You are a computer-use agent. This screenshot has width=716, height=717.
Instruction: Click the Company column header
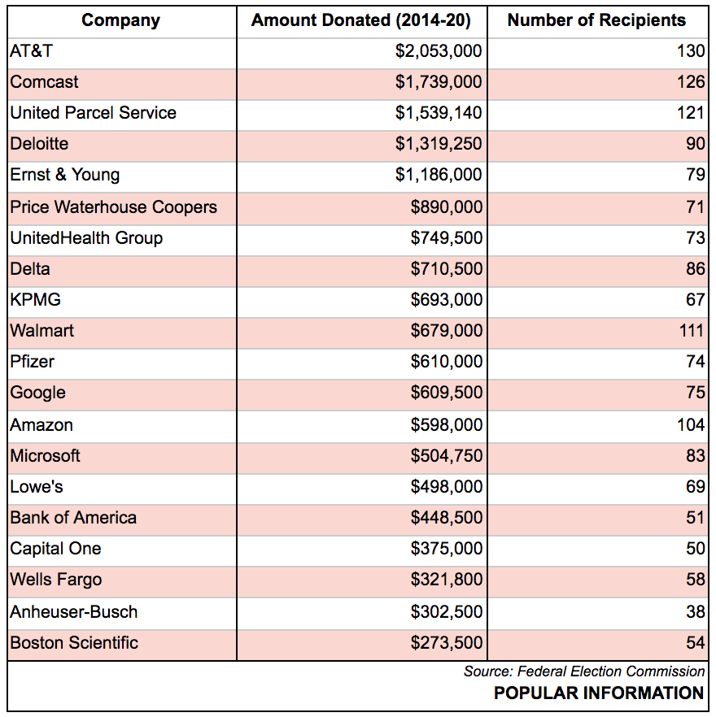pos(120,20)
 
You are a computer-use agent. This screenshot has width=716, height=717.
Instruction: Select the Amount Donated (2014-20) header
pos(361,20)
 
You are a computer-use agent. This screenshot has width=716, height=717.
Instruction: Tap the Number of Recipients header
pos(596,20)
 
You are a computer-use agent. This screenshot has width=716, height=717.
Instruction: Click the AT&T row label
pos(32,51)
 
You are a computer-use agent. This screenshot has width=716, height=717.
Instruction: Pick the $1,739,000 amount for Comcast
pos(439,82)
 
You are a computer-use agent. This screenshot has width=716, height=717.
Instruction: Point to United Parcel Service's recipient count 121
pos(691,113)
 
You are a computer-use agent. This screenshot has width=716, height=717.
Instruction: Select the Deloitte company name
pos(39,144)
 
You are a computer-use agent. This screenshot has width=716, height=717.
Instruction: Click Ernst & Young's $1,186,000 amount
pos(439,175)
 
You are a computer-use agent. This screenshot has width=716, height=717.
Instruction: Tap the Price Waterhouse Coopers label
pos(114,206)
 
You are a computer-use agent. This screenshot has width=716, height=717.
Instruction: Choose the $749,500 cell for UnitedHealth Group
pos(447,238)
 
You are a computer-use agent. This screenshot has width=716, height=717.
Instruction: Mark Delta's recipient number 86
pos(695,269)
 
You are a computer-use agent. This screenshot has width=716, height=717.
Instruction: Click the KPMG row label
pos(35,300)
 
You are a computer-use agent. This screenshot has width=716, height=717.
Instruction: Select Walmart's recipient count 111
pos(691,331)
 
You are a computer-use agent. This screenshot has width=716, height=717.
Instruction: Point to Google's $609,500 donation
pos(447,393)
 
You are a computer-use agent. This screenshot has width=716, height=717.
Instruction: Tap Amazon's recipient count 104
pos(691,424)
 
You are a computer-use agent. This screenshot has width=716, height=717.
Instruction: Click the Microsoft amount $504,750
pos(447,455)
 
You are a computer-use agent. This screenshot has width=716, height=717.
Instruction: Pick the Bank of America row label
pos(73,518)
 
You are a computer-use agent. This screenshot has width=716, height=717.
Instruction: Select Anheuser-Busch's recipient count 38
pos(695,611)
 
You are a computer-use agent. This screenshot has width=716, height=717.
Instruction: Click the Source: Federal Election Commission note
pos(584,671)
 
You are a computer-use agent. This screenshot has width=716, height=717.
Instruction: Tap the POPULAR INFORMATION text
pos(599,693)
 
